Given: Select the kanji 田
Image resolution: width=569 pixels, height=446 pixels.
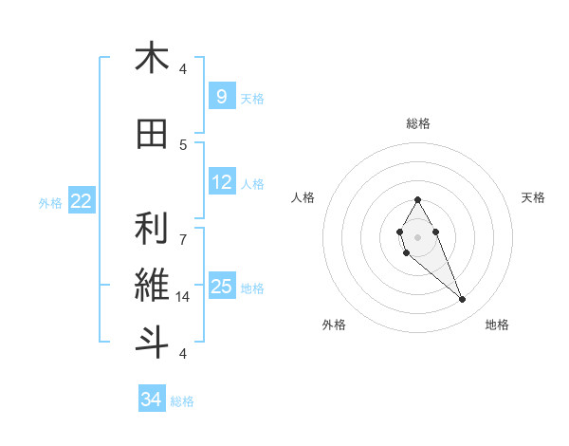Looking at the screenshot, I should coord(152,135).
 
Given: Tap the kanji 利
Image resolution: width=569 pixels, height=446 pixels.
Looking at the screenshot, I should coord(152,229).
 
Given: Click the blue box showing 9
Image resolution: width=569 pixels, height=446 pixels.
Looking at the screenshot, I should coord(221,96).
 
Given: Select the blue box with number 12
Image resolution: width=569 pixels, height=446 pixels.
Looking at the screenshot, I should coord(222,182).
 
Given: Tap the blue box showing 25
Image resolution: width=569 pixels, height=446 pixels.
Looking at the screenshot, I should coord(222,287).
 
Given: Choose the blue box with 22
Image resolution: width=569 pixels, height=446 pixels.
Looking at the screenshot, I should coord(82,201).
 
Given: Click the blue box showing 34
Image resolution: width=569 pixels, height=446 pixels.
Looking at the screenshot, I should coord(151,400).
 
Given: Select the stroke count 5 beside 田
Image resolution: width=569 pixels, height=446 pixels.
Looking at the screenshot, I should coord(183,144).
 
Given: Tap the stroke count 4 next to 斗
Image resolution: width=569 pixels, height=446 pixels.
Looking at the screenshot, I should coord(183,353).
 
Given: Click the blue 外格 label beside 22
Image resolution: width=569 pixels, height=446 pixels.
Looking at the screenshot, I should coord(50,202).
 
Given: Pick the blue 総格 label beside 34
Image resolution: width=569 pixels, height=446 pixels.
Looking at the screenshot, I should coord(182,401).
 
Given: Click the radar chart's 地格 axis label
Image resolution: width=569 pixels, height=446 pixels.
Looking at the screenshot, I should coord(497,325).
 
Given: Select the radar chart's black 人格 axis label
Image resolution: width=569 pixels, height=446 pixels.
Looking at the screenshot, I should coord(303,197).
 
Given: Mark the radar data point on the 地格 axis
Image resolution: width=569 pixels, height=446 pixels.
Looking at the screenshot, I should coord(462,300).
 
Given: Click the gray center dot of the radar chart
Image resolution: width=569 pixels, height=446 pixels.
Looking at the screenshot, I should coord(417,235).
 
